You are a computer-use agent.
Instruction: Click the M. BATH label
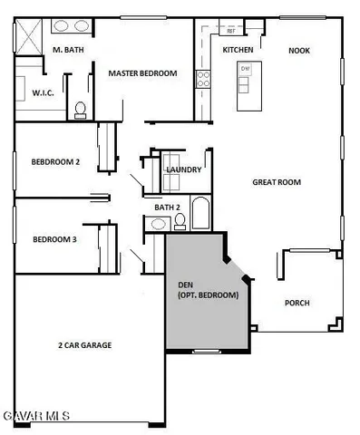69,50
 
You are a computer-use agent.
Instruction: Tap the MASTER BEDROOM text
141,73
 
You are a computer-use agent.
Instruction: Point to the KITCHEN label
238,50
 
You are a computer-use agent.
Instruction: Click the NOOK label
299,51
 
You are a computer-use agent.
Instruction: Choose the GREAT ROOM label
277,182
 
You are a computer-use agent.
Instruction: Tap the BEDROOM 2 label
56,161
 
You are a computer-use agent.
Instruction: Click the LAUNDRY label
184,169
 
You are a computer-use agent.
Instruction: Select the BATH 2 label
168,208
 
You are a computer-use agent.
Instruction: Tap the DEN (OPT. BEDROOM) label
208,290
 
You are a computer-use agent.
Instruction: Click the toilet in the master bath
80,109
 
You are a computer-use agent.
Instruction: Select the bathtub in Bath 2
200,214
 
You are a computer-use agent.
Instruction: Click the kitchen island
246,85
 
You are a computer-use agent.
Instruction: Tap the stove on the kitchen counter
203,79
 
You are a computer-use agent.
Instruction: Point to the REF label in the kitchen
230,31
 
